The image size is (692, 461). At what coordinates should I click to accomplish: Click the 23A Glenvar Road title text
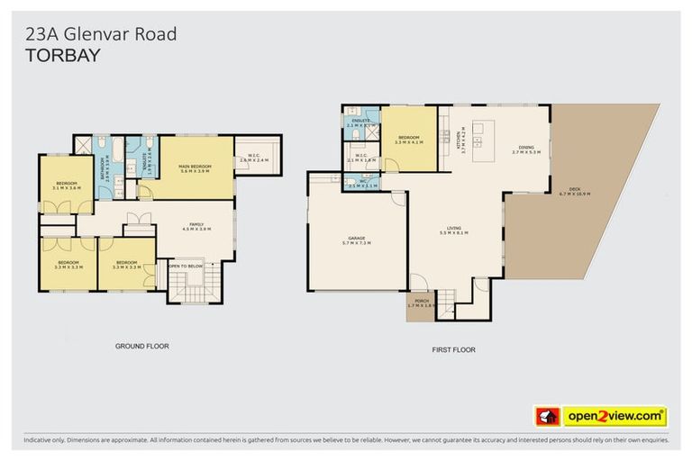(99, 34)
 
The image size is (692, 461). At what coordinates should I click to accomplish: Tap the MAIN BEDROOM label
(196, 167)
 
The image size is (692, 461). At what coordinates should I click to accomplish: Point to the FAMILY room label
(196, 226)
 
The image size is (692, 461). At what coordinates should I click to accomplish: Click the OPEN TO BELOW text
(187, 266)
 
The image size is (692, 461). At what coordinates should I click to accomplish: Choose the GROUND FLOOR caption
(141, 346)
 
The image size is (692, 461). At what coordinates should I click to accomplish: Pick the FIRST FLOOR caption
(454, 349)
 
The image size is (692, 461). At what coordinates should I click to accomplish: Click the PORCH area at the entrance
(420, 307)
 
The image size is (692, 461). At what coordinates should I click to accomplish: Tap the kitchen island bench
(478, 135)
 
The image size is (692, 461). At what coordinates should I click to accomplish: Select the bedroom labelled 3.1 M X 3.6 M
(67, 185)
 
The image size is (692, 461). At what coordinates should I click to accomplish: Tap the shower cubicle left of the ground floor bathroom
(83, 147)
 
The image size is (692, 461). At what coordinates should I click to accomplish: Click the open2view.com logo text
(615, 416)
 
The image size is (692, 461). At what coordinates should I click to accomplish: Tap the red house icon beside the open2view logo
(546, 416)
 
